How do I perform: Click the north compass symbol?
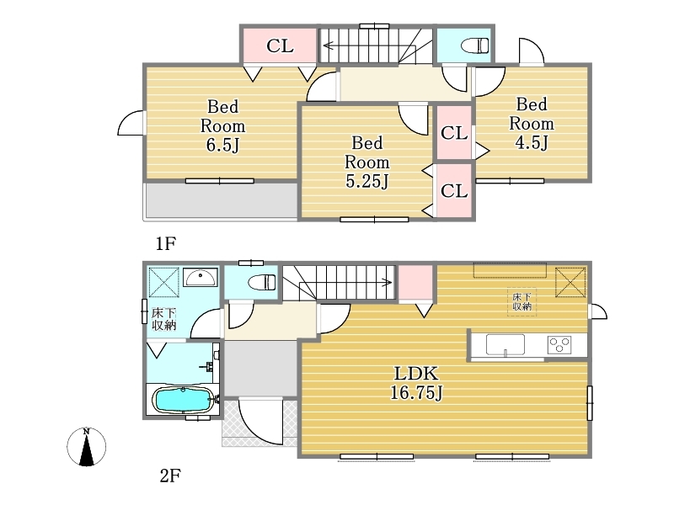click(x=87, y=447)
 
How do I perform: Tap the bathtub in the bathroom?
click(x=183, y=400)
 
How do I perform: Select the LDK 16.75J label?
click(x=416, y=383)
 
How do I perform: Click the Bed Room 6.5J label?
click(x=222, y=125)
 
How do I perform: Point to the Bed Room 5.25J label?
click(x=367, y=162)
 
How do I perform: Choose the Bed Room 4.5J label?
click(x=532, y=123)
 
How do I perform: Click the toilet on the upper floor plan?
click(x=475, y=45)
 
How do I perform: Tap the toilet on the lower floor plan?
click(x=262, y=282)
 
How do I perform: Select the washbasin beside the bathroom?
click(x=201, y=277)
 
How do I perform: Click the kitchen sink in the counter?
click(x=505, y=345)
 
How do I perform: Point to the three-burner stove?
click(x=559, y=345)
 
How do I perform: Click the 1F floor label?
click(x=166, y=243)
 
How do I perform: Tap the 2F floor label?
click(x=170, y=476)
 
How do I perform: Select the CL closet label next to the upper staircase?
click(x=280, y=45)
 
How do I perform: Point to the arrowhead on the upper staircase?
click(x=328, y=45)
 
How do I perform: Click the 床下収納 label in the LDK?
click(x=522, y=301)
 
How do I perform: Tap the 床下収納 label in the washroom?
click(x=163, y=319)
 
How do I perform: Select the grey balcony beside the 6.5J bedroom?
click(x=222, y=200)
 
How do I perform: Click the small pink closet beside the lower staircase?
click(x=415, y=283)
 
